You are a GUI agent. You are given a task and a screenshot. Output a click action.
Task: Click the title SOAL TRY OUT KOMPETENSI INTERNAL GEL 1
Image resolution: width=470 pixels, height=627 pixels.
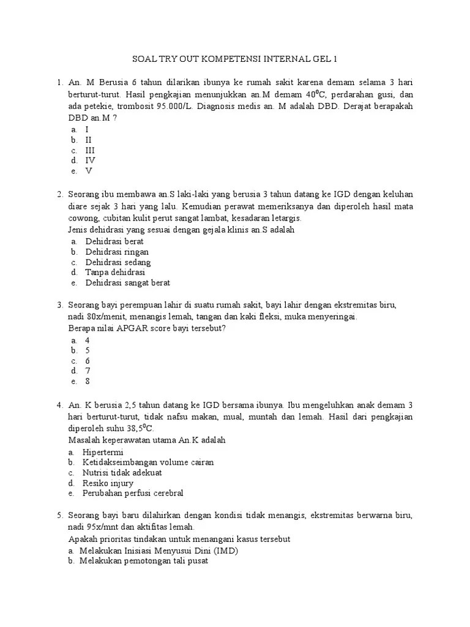[x=235, y=59]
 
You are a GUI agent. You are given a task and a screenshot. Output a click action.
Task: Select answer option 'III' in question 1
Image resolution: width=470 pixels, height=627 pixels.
[x=90, y=150]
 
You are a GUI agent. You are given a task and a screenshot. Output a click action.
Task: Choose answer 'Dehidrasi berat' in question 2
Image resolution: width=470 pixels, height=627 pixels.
[x=114, y=241]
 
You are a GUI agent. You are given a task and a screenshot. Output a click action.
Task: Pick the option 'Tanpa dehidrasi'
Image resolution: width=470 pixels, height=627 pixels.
[x=115, y=272]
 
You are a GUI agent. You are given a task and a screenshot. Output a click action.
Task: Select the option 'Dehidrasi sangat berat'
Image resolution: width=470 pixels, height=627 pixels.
[x=127, y=283]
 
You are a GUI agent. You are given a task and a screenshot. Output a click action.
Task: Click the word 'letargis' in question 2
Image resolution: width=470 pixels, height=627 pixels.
[x=286, y=219]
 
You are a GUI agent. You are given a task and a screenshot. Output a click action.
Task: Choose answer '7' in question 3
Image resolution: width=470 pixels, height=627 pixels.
[x=88, y=370]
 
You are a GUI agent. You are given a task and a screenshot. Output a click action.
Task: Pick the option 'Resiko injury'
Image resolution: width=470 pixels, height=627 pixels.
[x=109, y=483]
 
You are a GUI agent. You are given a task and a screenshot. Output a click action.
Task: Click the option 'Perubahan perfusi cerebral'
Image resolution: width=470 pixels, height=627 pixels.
[x=133, y=494]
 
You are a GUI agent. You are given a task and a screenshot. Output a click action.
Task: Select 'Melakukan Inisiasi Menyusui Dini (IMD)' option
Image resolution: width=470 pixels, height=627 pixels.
[x=158, y=550]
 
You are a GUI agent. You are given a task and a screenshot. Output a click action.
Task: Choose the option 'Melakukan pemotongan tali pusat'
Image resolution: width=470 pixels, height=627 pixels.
[x=144, y=560]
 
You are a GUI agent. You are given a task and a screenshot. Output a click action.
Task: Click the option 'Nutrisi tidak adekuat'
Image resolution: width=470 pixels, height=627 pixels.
[x=123, y=473]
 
